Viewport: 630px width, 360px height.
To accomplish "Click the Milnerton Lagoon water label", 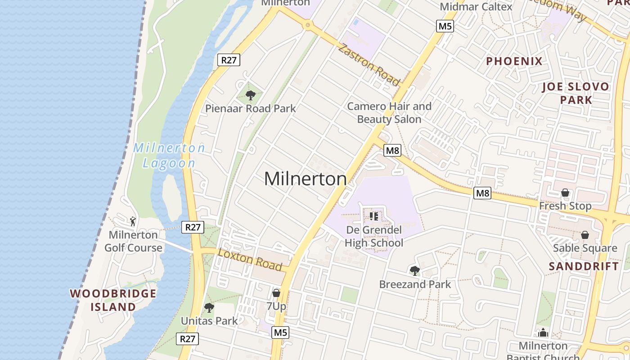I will point(169,155).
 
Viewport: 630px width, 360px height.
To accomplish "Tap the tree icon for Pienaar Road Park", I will point(251,95).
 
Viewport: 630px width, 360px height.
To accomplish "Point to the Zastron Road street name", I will point(369,65).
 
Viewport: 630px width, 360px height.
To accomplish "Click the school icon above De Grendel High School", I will point(374,216).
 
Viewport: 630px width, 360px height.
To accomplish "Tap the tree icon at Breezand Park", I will point(414,270).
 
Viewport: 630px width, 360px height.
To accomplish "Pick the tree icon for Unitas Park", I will point(209,308).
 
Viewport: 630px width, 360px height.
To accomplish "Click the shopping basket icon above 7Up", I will point(276,293).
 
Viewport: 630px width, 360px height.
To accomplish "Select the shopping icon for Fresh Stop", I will point(565,193).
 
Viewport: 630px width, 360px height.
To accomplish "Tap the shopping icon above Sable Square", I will point(585,235).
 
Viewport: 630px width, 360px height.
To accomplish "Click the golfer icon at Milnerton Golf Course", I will point(133,221).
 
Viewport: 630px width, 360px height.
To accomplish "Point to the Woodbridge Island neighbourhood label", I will point(113,300).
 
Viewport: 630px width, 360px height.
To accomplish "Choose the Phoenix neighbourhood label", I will point(514,61).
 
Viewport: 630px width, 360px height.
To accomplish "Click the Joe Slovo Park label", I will point(576,93).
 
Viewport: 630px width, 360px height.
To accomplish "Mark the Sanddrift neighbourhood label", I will point(584,266).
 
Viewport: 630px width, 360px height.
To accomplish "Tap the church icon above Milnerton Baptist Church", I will point(543,333).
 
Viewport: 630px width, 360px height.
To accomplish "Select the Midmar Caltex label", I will point(476,7).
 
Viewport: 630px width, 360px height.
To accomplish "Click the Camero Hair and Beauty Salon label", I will point(389,112).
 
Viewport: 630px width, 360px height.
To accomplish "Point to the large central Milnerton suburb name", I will point(305,179).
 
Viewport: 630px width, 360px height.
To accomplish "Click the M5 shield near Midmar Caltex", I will point(445,26).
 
